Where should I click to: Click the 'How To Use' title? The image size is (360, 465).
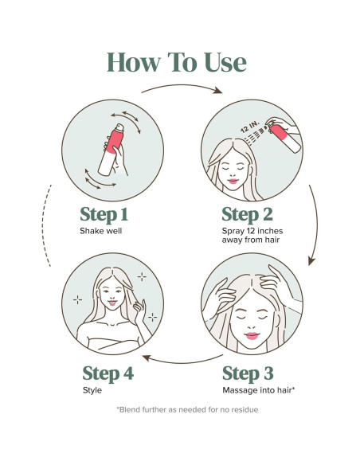177,62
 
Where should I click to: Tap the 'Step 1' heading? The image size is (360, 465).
104,215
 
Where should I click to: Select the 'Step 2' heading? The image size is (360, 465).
247,215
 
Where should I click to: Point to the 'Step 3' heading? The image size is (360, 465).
248,373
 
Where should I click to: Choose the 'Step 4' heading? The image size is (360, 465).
108,373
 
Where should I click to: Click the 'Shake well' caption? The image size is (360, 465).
101,231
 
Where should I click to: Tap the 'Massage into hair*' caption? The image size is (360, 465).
259,390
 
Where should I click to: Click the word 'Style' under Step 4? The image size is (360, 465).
92,390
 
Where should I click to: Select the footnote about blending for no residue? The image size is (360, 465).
187,410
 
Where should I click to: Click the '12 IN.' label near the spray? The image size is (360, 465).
249,127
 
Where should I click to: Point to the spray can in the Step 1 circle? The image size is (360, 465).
111,150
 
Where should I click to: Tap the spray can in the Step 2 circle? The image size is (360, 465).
284,137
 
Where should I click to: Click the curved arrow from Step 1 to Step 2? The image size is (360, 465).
182,86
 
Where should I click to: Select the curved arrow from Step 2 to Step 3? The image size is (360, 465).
316,225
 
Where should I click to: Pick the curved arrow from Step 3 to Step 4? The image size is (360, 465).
182,362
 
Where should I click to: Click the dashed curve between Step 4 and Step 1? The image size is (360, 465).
43,225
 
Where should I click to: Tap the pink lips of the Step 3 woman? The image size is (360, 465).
252,336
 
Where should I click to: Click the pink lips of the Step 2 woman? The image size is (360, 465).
233,181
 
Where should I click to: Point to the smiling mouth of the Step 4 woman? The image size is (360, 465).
112,303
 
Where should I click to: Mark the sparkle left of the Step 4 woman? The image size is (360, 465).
77,300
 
